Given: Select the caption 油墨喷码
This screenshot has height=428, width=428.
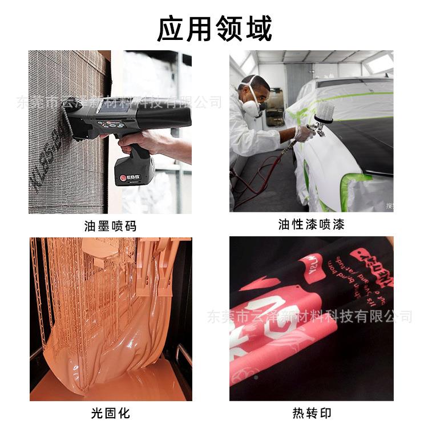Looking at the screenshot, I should (111, 225).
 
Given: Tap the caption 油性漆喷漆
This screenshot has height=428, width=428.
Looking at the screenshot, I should (312, 224).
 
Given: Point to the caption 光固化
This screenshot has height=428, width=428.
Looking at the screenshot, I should (111, 413).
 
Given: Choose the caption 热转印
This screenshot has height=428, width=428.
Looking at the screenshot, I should (312, 413).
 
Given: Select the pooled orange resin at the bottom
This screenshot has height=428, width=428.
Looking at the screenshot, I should (114, 382).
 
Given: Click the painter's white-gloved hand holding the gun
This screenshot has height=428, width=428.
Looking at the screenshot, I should (302, 132).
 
